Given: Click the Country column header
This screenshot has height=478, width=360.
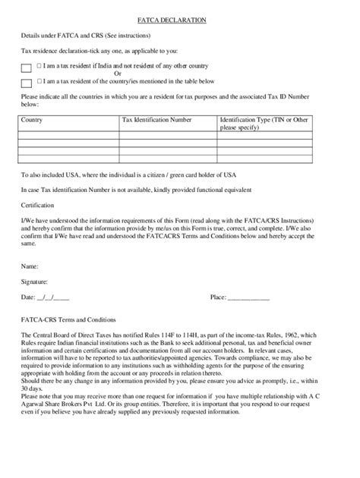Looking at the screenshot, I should point(32,120).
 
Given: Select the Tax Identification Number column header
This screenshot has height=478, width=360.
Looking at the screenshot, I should point(157,120).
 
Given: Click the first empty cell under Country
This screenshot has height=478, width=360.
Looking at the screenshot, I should point(68,134).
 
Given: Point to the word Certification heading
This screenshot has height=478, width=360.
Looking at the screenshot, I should point(39,205).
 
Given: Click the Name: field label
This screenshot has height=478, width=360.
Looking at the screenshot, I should point(30,266).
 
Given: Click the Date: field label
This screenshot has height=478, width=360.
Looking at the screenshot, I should point(28,297).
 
